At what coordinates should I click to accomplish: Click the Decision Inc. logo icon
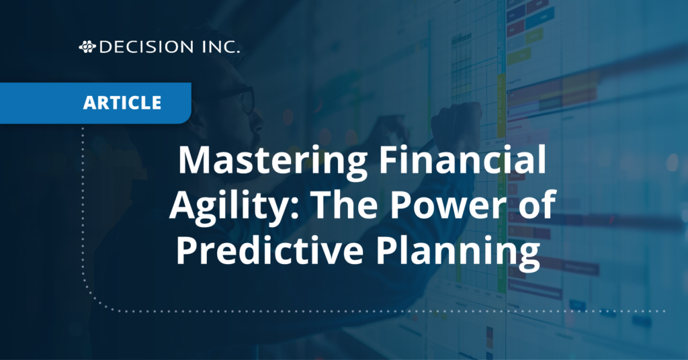pos(87,47)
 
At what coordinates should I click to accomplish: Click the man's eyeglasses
pos(243,99)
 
